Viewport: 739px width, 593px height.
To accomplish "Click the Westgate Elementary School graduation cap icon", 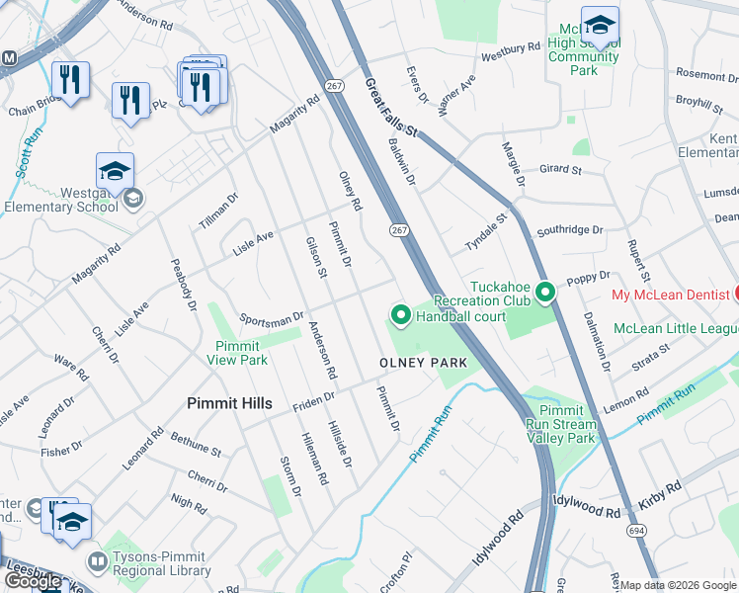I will pyautogui.click(x=115, y=170).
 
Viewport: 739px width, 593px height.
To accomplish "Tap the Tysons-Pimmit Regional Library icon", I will pyautogui.click(x=97, y=563).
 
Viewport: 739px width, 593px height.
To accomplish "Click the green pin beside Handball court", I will pyautogui.click(x=401, y=316).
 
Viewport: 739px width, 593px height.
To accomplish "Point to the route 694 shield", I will pyautogui.click(x=633, y=533).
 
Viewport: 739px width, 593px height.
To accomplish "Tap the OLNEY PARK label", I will pyautogui.click(x=423, y=363).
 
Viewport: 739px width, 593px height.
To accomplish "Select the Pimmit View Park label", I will pyautogui.click(x=237, y=353).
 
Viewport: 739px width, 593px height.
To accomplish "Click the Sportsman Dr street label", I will pyautogui.click(x=272, y=319).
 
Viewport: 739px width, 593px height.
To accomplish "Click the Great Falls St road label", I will pyautogui.click(x=391, y=109).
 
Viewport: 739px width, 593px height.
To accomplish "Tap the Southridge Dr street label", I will pyautogui.click(x=569, y=230).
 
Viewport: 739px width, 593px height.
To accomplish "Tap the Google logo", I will pyautogui.click(x=33, y=581).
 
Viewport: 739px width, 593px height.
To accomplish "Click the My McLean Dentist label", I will pyautogui.click(x=671, y=296).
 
